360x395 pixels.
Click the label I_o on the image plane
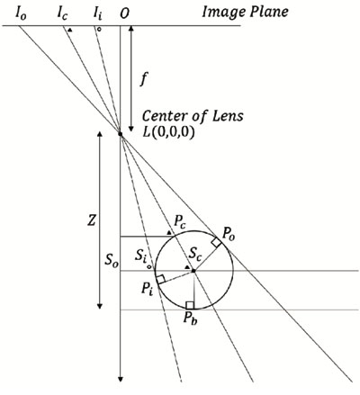pyautogui.click(x=21, y=13)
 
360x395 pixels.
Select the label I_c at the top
pyautogui.click(x=62, y=13)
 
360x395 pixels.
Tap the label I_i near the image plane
pyautogui.click(x=97, y=13)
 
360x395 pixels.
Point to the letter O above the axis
pyautogui.click(x=124, y=13)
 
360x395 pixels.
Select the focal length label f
pyautogui.click(x=144, y=79)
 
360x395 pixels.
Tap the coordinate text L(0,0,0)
pyautogui.click(x=169, y=132)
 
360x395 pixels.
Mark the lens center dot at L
pyautogui.click(x=121, y=134)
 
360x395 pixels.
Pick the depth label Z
pyautogui.click(x=92, y=220)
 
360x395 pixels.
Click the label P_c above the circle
pyautogui.click(x=181, y=222)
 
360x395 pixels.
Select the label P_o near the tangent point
pyautogui.click(x=228, y=234)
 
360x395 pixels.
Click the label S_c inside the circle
pyautogui.click(x=194, y=255)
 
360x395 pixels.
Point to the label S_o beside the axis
pyautogui.click(x=112, y=260)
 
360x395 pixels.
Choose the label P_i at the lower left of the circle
pyautogui.click(x=148, y=290)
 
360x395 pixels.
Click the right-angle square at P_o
pyautogui.click(x=217, y=242)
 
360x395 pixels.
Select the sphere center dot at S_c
pyautogui.click(x=193, y=271)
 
